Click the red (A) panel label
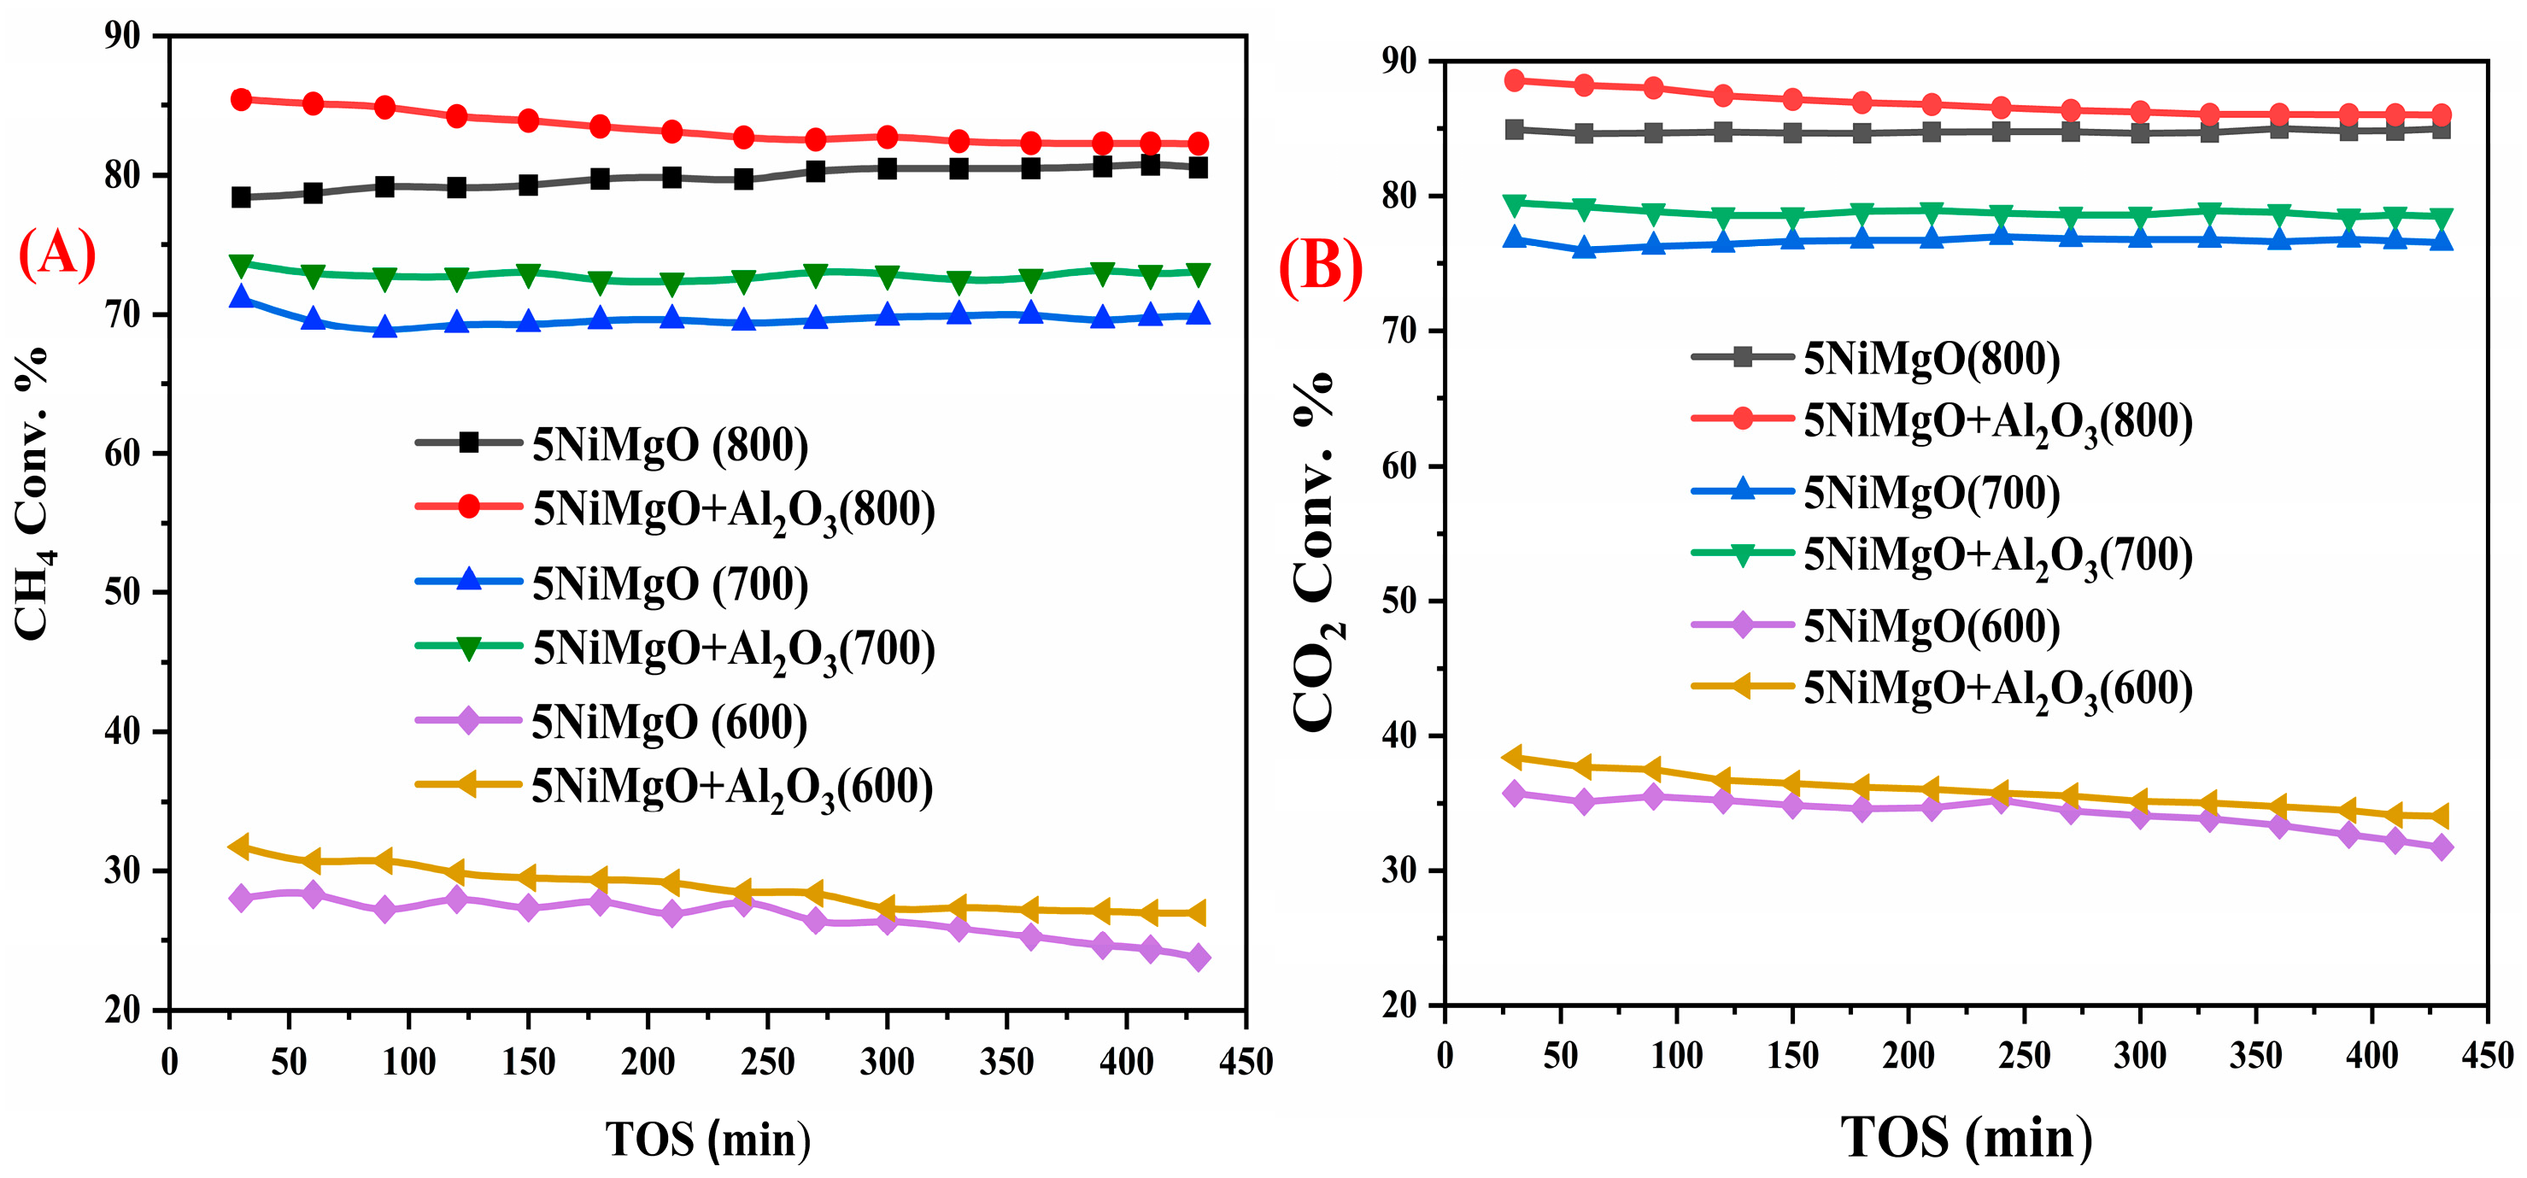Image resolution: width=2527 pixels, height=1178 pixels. [x=57, y=253]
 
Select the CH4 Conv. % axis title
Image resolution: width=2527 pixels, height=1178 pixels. [x=32, y=495]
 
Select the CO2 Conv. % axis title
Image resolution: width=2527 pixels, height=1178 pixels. [x=1316, y=551]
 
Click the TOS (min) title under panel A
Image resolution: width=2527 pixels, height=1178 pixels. [x=707, y=1140]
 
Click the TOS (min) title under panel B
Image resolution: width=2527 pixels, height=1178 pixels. [x=1966, y=1138]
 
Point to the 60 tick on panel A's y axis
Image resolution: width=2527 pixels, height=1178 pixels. [x=124, y=453]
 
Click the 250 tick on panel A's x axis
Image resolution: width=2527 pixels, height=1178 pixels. [x=767, y=1061]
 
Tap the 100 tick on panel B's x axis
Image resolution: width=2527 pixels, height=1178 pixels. [x=1675, y=1055]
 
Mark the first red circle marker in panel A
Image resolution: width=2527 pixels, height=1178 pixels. [x=241, y=99]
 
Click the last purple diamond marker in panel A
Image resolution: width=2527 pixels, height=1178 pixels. [x=1198, y=958]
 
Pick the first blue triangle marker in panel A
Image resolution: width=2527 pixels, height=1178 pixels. [x=241, y=296]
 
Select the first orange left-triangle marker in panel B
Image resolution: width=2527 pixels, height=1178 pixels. [x=1514, y=757]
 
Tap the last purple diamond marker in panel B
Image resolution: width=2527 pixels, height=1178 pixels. [x=2441, y=847]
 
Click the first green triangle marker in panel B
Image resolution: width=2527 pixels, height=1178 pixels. [x=1515, y=204]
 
